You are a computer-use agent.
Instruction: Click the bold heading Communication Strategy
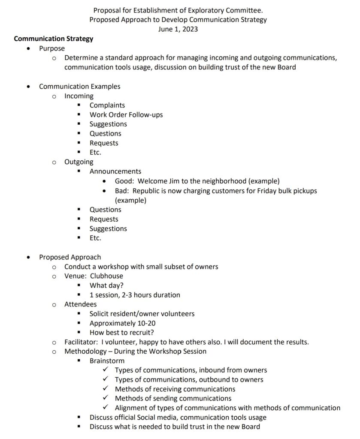pos(54,39)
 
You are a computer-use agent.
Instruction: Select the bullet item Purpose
pos(52,48)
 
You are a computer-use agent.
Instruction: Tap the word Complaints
pos(107,105)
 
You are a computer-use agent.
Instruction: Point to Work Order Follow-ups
pos(126,114)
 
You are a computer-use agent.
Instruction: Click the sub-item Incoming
pos(79,96)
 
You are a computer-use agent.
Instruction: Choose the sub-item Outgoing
pos(79,162)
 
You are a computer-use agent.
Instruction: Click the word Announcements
pos(115,171)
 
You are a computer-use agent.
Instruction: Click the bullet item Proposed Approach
pos(70,257)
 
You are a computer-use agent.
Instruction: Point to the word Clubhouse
pos(106,276)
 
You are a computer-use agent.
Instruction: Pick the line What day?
pos(107,286)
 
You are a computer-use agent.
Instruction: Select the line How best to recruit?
pos(122,333)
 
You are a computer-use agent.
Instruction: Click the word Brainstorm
pos(107,361)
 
